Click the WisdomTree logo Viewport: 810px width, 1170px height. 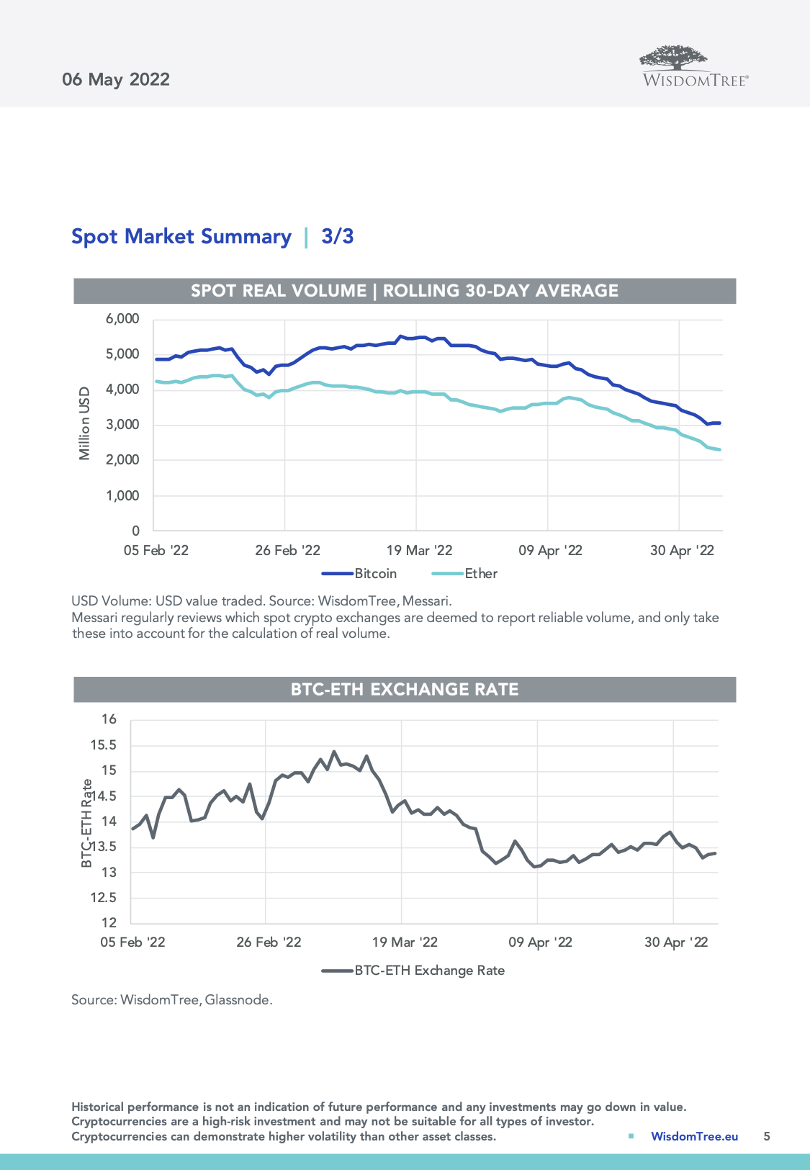tap(695, 67)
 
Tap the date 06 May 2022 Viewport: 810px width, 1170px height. tap(116, 79)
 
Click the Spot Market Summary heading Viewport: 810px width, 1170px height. tap(181, 236)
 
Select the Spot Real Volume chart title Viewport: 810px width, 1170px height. tap(405, 291)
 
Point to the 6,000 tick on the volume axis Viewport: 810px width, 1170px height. tap(122, 319)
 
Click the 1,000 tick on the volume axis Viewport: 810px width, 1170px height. tap(122, 495)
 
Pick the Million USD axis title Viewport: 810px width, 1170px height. tap(85, 423)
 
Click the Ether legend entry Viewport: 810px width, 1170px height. tap(465, 573)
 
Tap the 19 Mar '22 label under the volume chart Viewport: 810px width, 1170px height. tap(419, 550)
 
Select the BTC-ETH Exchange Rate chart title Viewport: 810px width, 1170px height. tap(405, 689)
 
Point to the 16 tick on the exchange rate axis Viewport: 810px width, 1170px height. tap(109, 719)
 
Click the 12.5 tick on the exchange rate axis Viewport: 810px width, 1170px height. tap(104, 898)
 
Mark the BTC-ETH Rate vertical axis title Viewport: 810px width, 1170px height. tap(86, 823)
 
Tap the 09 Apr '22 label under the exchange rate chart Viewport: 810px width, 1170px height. tap(540, 942)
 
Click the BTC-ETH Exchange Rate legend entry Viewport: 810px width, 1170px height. tap(414, 970)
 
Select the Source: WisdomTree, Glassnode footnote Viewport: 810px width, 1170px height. tap(172, 999)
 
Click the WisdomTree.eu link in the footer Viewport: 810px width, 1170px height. tap(694, 1136)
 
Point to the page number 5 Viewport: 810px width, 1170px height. tap(767, 1136)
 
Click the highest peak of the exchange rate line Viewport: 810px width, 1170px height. tap(334, 752)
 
